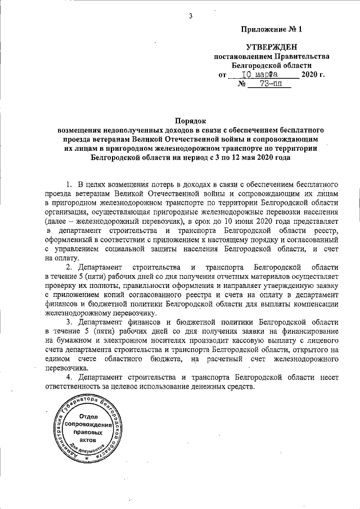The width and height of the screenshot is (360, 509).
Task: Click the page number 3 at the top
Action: point(191,15)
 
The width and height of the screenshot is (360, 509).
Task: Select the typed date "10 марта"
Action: point(260,74)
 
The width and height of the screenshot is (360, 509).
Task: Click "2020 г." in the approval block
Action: point(313,74)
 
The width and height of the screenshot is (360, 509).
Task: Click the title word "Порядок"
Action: point(191,120)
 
